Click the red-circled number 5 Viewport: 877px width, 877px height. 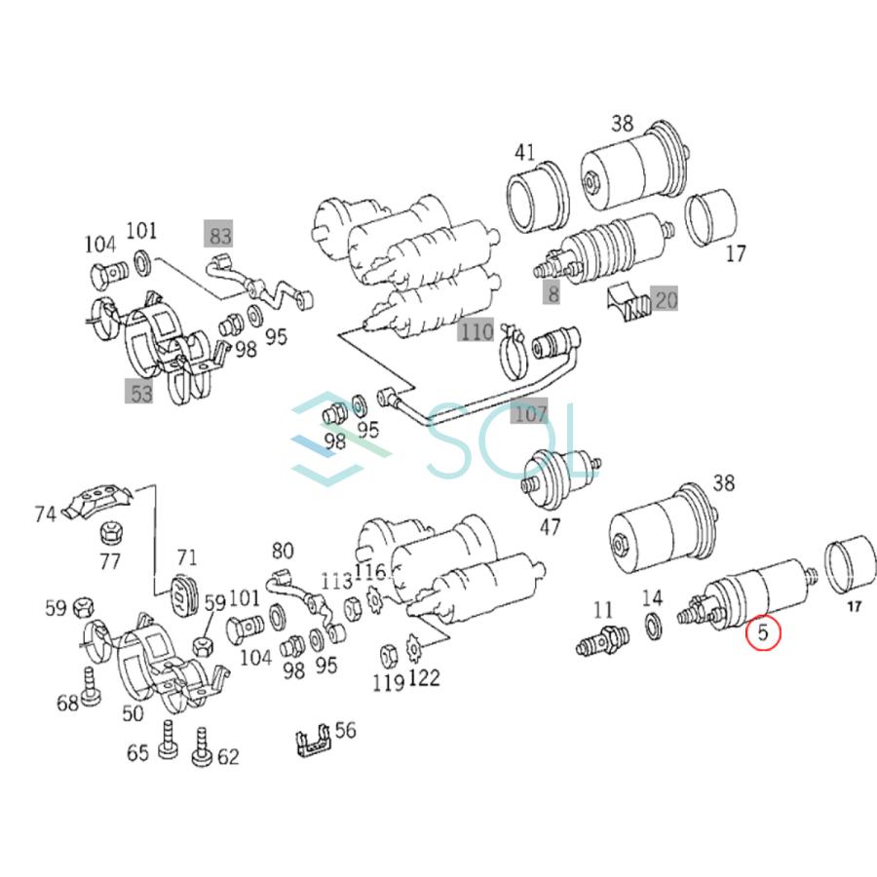[764, 634]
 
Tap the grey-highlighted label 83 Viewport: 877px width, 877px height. [218, 234]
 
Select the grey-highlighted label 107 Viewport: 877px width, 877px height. [530, 413]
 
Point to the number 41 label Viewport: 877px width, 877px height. [525, 152]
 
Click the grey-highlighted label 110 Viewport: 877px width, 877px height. [477, 332]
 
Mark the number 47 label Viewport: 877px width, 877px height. [551, 527]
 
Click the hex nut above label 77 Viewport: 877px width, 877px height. [110, 533]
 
